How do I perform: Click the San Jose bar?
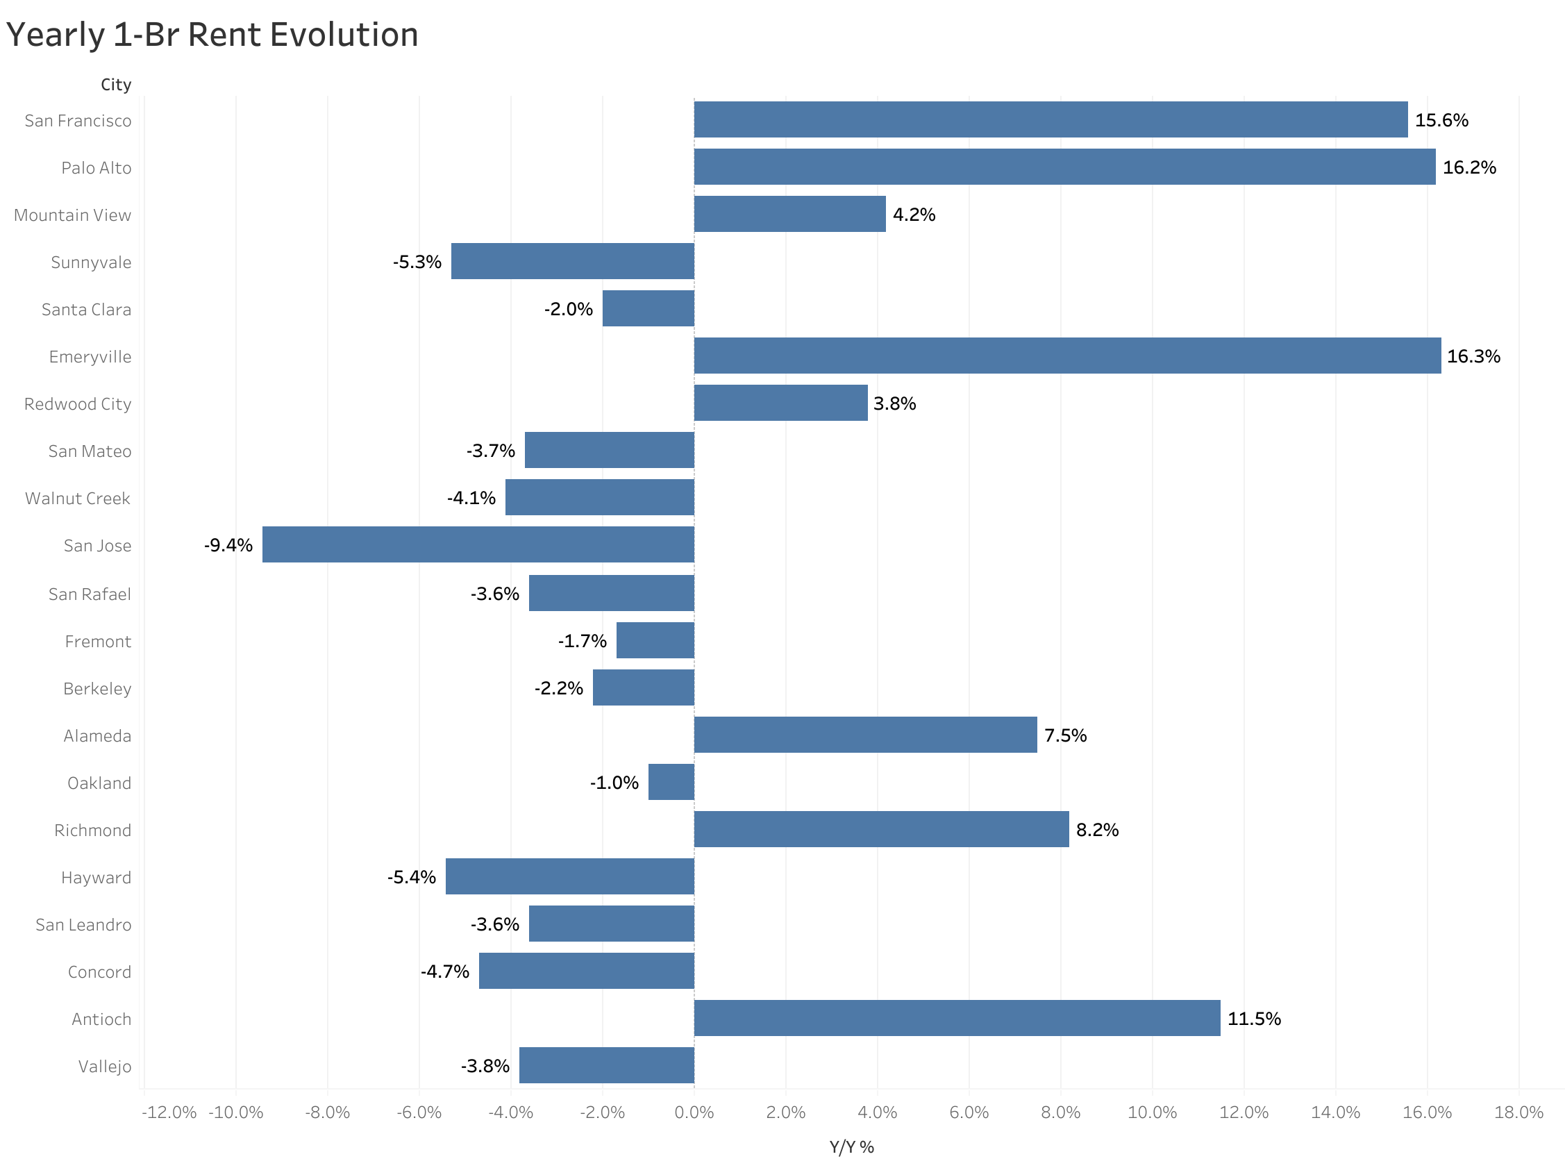pyautogui.click(x=478, y=544)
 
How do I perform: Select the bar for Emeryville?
pyautogui.click(x=1066, y=356)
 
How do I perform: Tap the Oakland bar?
pyautogui.click(x=671, y=782)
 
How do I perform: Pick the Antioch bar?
pyautogui.click(x=956, y=1018)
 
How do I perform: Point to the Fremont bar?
pyautogui.click(x=655, y=640)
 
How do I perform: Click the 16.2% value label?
pyautogui.click(x=1469, y=167)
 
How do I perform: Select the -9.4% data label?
pyautogui.click(x=228, y=545)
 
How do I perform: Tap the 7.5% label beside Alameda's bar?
pyautogui.click(x=1065, y=735)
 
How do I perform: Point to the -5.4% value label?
pyautogui.click(x=412, y=877)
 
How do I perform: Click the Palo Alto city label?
pyautogui.click(x=96, y=168)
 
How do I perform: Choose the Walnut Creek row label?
pyautogui.click(x=78, y=499)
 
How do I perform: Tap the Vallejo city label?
pyautogui.click(x=105, y=1066)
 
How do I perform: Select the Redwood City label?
pyautogui.click(x=78, y=403)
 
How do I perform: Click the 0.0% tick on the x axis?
pyautogui.click(x=694, y=1112)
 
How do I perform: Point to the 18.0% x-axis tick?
pyautogui.click(x=1518, y=1112)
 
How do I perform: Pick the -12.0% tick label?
pyautogui.click(x=169, y=1112)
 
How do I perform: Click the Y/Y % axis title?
pyautogui.click(x=851, y=1146)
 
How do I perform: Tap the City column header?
pyautogui.click(x=116, y=85)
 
